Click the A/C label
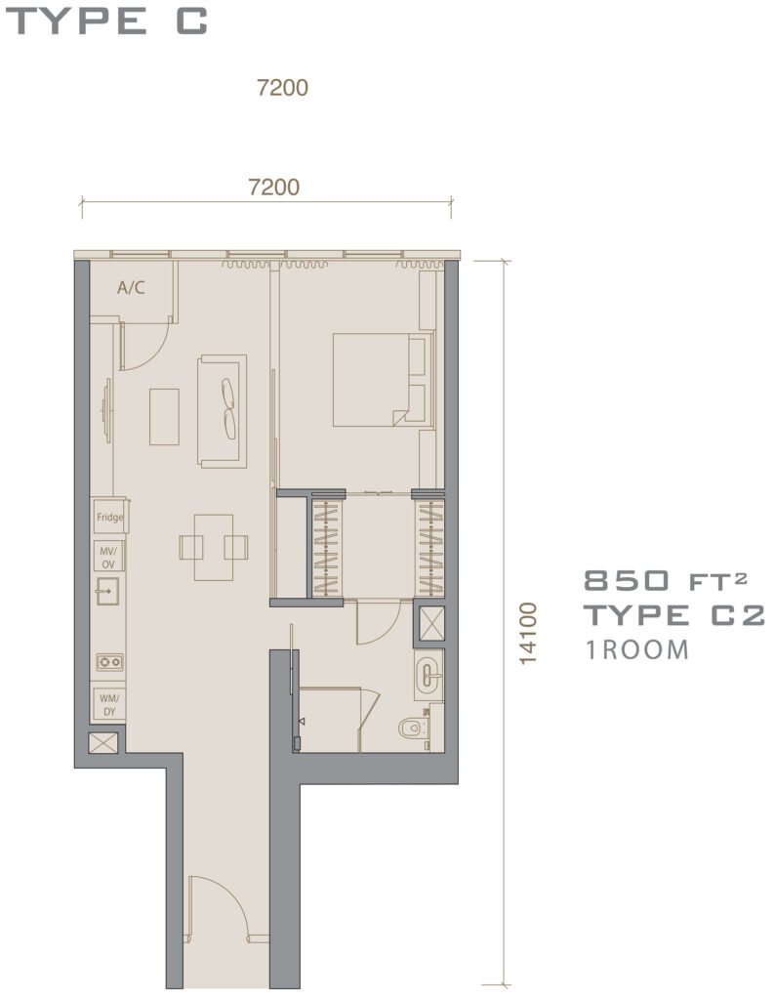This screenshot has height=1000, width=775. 131,288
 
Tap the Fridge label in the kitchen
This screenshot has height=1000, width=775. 109,517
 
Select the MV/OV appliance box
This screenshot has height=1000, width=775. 109,557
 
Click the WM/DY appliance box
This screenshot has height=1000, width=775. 109,704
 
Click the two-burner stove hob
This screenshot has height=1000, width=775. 109,662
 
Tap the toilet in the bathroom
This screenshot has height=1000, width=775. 414,727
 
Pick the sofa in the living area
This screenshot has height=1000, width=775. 222,411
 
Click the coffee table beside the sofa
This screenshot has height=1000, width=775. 164,416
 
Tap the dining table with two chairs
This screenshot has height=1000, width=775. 214,547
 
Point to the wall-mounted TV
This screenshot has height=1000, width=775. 107,409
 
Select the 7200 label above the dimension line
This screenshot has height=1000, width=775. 274,187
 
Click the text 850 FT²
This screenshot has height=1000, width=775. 666,580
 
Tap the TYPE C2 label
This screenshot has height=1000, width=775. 674,615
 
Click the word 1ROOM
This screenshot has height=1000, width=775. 637,649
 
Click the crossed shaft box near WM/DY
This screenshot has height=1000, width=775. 103,743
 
